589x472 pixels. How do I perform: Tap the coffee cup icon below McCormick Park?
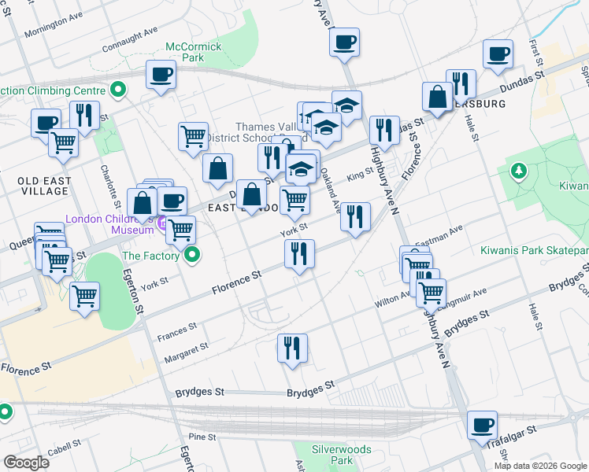pyautogui.click(x=161, y=76)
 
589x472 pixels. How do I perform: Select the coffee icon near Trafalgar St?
pyautogui.click(x=481, y=426)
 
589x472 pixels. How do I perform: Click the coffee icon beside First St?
pyautogui.click(x=498, y=54)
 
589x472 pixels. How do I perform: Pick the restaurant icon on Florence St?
pyautogui.click(x=299, y=253)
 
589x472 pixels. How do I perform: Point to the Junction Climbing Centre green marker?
pyautogui.click(x=120, y=90)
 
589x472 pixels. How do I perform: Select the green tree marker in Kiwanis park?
pyautogui.click(x=518, y=170)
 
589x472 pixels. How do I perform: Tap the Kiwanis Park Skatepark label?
pyautogui.click(x=535, y=251)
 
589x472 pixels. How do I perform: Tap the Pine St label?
pyautogui.click(x=202, y=437)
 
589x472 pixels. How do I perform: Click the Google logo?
pyautogui.click(x=26, y=463)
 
